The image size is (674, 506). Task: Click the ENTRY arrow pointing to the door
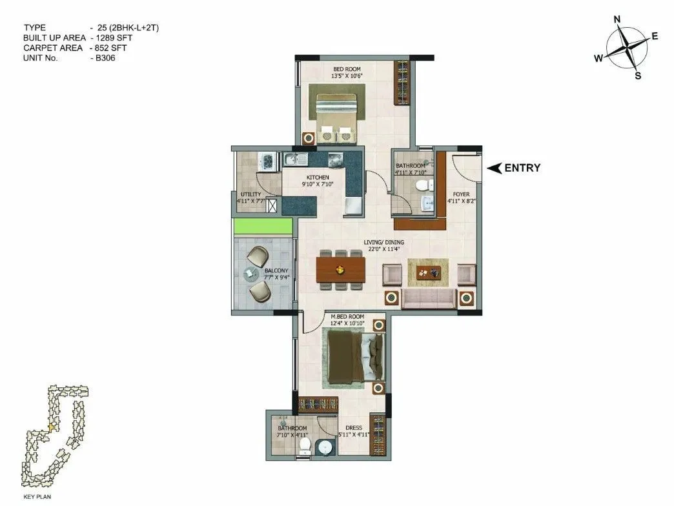(x=495, y=168)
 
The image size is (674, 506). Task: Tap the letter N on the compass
(x=617, y=20)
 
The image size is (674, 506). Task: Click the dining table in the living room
(x=341, y=268)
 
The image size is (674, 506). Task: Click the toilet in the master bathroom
(x=309, y=445)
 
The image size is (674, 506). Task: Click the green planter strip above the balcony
(x=263, y=227)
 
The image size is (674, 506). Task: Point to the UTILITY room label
(x=250, y=194)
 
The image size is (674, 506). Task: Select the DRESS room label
(x=354, y=428)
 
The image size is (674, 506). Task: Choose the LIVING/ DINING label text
(x=383, y=243)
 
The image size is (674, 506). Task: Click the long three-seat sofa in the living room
(x=429, y=299)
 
